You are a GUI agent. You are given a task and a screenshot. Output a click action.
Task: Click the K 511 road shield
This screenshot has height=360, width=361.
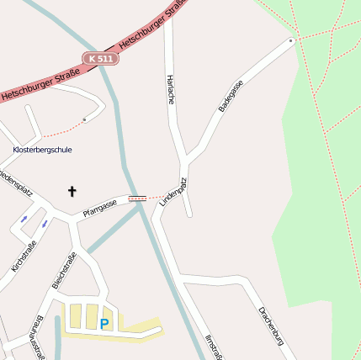pos(101,58)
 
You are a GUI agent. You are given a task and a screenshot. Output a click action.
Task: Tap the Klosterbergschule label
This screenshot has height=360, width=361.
pos(42,150)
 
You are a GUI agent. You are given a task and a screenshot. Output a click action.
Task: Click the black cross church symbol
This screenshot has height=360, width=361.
pos(72,192)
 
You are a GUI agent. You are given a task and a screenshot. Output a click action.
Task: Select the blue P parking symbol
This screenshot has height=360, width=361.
pos(104,323)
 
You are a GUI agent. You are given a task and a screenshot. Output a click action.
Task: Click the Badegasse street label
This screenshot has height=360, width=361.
pos(229,96)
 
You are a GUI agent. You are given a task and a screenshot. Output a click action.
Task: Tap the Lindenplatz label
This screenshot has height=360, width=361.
pos(173,193)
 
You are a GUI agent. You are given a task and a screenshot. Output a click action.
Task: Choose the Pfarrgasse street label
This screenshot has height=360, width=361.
pos(100,207)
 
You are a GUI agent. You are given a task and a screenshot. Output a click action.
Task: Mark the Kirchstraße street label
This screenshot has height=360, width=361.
pos(24,257)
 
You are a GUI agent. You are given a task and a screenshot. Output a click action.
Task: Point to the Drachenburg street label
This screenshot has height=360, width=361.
pos(273,326)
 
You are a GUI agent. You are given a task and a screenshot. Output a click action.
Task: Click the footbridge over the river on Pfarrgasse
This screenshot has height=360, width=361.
pos(137,199)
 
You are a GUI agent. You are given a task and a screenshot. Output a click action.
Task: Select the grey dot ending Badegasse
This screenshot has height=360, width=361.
pos(291,40)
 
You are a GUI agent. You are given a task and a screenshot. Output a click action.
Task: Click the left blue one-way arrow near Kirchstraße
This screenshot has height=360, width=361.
pos(24,220)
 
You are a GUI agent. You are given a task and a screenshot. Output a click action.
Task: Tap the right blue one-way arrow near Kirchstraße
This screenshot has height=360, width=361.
pos(44,224)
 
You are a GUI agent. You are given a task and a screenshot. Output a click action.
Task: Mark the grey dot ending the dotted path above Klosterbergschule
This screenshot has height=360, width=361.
pos(84,120)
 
